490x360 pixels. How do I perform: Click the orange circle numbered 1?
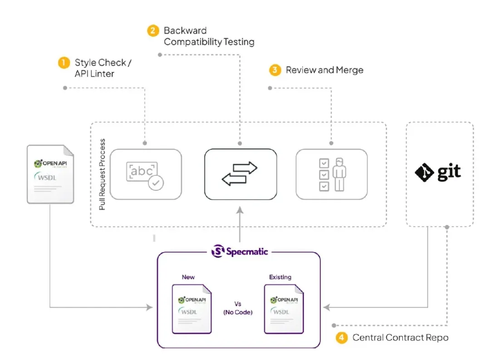tap(64, 62)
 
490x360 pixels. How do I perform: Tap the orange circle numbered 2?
tap(153, 30)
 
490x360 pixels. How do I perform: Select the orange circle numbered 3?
tap(274, 70)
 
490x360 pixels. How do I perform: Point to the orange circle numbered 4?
tap(341, 337)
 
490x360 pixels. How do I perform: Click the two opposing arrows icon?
tap(240, 174)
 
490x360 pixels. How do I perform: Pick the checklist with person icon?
tap(331, 174)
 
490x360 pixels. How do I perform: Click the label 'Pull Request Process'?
tap(102, 174)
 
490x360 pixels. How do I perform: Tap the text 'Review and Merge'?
tap(324, 70)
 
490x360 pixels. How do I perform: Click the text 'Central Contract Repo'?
tap(400, 337)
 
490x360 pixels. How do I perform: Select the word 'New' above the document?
tap(188, 277)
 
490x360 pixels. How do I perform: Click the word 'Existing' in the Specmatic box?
tap(280, 277)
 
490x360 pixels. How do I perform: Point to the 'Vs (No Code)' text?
tap(237, 308)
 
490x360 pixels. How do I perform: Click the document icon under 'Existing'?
tap(284, 309)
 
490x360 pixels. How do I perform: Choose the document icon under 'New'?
tap(191, 309)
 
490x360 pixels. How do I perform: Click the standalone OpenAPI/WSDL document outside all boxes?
tap(50, 174)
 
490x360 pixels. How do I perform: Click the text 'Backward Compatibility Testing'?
tap(209, 36)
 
